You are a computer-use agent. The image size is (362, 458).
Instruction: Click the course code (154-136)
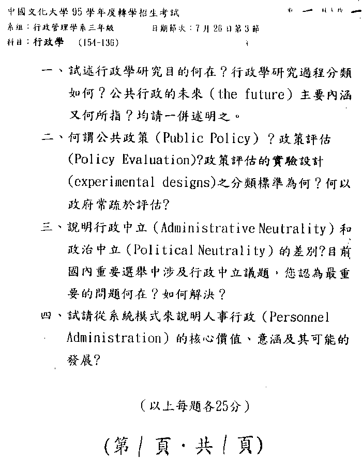point(99,43)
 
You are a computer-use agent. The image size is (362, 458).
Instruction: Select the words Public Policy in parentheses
point(210,139)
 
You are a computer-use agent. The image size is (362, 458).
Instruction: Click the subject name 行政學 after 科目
point(48,43)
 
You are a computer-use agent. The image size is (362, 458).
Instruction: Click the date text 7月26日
point(212,29)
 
